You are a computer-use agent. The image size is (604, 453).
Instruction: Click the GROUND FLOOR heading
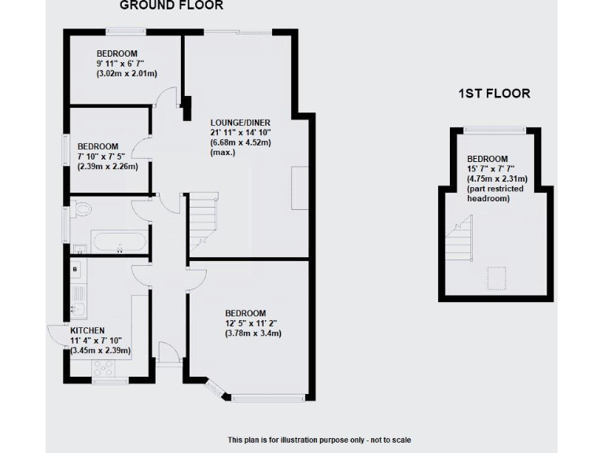coord(171,6)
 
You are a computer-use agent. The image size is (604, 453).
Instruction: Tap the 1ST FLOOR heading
coord(494,94)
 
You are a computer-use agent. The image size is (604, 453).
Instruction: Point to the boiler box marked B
coord(75,268)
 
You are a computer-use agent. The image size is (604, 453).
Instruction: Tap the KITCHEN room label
coord(87,330)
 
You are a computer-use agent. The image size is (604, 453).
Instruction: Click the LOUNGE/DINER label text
coord(240,123)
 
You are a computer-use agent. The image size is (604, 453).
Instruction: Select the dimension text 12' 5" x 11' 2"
coord(252,322)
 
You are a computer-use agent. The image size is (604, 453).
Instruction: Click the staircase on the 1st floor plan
coord(459,240)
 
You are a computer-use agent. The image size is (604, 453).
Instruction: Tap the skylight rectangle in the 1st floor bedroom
coord(497,278)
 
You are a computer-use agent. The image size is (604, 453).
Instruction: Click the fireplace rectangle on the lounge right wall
coord(300,188)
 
